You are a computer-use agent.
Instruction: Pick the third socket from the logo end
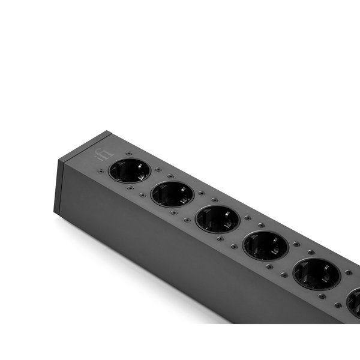pos(217,218)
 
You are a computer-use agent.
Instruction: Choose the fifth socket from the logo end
pos(316,274)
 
